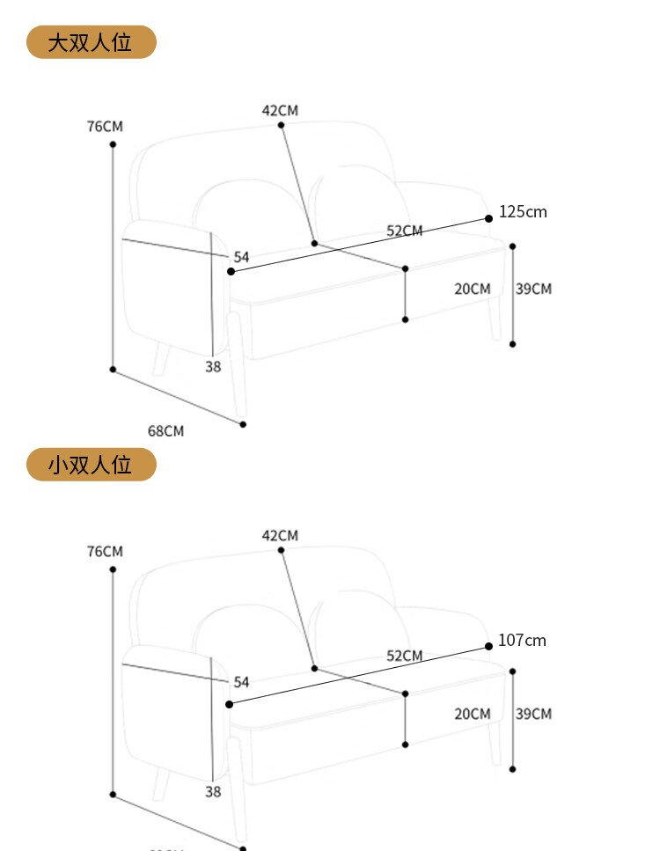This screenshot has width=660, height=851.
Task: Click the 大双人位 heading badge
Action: pyautogui.click(x=91, y=42)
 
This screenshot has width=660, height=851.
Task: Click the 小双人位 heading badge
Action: pyautogui.click(x=91, y=465)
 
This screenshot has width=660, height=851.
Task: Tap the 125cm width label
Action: pyautogui.click(x=523, y=212)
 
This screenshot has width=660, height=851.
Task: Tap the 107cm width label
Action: pyautogui.click(x=522, y=641)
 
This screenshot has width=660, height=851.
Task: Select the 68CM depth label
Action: pyautogui.click(x=165, y=431)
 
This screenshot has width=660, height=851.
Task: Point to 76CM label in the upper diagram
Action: pyautogui.click(x=105, y=127)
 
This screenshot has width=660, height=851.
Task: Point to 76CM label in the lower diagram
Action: pyautogui.click(x=105, y=552)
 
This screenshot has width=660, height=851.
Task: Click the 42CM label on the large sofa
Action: pyautogui.click(x=280, y=111)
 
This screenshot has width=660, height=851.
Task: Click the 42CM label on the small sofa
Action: pyautogui.click(x=280, y=536)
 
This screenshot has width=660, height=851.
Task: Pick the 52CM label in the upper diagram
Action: pyautogui.click(x=405, y=231)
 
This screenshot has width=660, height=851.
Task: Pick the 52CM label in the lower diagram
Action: pyautogui.click(x=405, y=657)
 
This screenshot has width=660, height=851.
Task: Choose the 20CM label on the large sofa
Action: pyautogui.click(x=473, y=289)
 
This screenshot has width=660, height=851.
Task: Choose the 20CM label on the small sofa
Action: pyautogui.click(x=473, y=714)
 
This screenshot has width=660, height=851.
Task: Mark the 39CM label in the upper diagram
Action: pyautogui.click(x=533, y=289)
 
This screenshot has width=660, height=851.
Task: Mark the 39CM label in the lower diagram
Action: pyautogui.click(x=533, y=714)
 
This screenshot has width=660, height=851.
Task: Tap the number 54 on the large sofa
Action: pyautogui.click(x=241, y=257)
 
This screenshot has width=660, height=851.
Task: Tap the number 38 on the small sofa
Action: pyautogui.click(x=213, y=792)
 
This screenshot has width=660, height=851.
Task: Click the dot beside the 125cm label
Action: pyautogui.click(x=488, y=218)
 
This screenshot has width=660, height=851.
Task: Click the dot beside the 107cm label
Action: pyautogui.click(x=488, y=646)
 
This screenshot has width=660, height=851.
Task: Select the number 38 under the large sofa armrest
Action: pyautogui.click(x=213, y=367)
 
